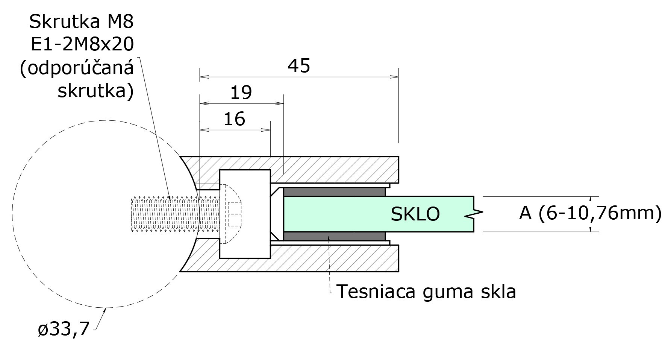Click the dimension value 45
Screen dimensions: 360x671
point(299,66)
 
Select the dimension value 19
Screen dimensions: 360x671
point(241,93)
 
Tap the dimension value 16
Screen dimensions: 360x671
point(234,119)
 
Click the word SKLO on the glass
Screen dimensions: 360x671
point(415,214)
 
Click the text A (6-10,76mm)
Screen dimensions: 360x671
point(590,213)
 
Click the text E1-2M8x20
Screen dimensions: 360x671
point(82,45)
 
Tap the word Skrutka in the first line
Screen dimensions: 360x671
point(63,22)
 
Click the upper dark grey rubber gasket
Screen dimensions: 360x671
point(334,191)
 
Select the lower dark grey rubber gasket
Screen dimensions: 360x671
point(334,236)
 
